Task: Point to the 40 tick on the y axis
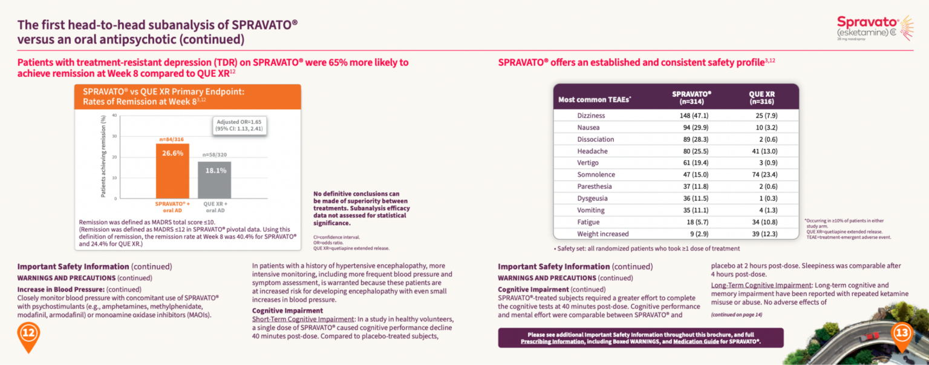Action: tap(114, 116)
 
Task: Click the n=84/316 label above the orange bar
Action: tap(172, 139)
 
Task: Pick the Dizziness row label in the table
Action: tap(592, 116)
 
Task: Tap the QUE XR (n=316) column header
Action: tap(761, 97)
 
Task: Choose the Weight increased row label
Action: tap(602, 234)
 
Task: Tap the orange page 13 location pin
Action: tap(902, 335)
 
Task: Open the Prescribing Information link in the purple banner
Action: tap(552, 342)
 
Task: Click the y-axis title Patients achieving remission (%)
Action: tap(103, 157)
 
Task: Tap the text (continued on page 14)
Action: tap(736, 315)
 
